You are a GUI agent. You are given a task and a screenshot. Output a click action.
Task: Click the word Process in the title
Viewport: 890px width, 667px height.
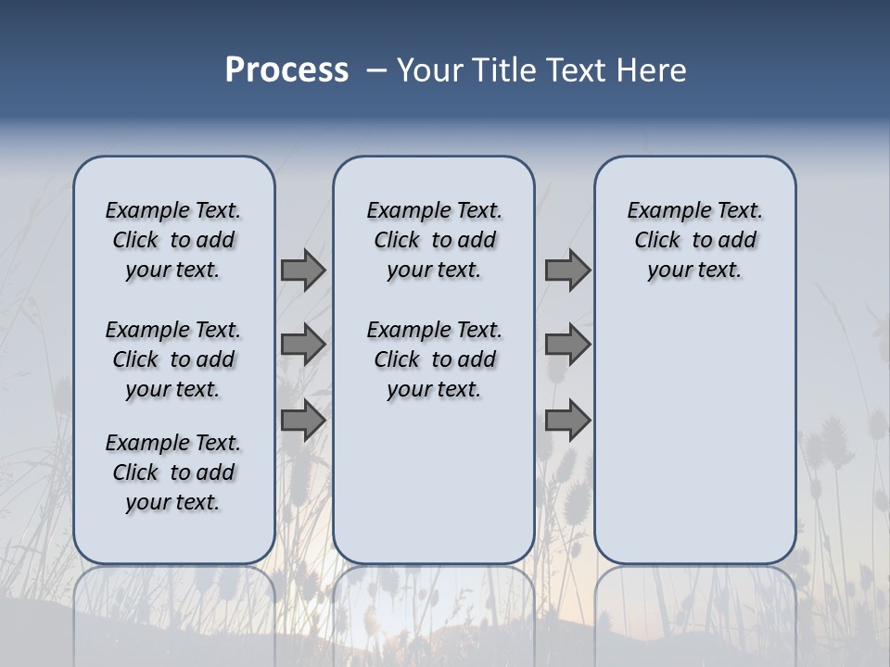click(286, 70)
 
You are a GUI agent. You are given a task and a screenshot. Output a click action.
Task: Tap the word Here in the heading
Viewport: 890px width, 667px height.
click(651, 70)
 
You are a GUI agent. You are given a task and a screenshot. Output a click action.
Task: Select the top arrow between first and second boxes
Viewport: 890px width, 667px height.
click(303, 271)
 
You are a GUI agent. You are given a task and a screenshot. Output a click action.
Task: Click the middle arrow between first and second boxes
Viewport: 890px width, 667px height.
click(303, 345)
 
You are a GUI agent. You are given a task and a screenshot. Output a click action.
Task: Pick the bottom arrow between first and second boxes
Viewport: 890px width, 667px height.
click(303, 420)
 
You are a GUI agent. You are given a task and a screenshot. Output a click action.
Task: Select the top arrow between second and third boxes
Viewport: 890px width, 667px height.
click(567, 271)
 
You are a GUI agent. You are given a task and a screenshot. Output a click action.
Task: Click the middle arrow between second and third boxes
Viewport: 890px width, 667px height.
click(567, 345)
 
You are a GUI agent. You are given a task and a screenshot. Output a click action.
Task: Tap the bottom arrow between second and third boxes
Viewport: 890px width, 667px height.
click(567, 420)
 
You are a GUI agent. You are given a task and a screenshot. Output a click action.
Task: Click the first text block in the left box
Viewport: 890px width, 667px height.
click(173, 240)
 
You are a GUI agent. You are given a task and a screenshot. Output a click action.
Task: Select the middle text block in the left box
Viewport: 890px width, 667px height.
click(173, 359)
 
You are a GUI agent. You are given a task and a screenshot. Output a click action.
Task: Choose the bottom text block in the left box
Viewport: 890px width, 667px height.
click(173, 472)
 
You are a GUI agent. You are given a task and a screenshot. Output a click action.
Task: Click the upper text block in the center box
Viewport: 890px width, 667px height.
click(434, 240)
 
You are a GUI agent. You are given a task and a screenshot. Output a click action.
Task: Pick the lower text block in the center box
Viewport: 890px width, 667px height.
click(434, 359)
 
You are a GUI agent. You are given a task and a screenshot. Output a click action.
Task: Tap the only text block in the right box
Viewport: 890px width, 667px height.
click(695, 240)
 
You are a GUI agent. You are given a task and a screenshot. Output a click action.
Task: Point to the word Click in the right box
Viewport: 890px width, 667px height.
click(657, 241)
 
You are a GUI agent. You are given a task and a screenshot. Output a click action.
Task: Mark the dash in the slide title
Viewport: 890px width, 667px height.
click(375, 71)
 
